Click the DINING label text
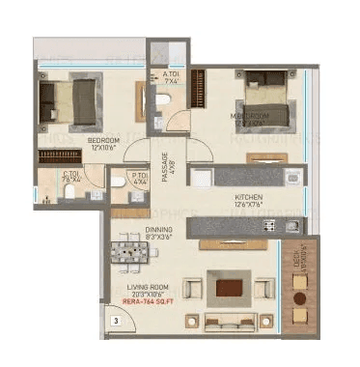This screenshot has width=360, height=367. tap(133, 230)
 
